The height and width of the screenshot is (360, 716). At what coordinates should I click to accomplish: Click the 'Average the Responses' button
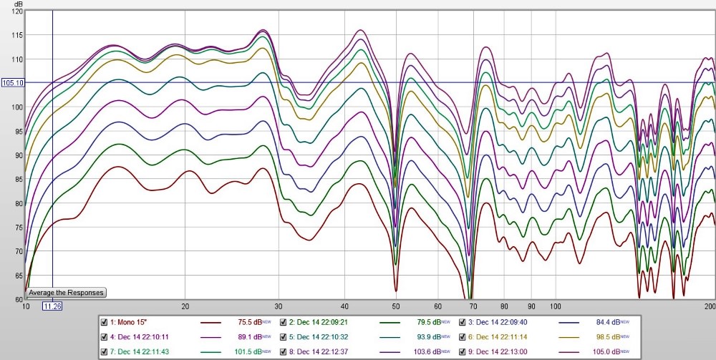pos(67,293)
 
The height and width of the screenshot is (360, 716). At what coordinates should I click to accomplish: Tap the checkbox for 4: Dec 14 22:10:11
pos(105,336)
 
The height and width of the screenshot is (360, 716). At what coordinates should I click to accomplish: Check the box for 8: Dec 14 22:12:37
pos(284,352)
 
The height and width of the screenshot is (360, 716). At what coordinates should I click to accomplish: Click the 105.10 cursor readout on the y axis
pos(14,83)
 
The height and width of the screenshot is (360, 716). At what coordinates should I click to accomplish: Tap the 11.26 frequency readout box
pos(52,306)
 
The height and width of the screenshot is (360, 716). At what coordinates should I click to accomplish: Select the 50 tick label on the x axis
pos(394,306)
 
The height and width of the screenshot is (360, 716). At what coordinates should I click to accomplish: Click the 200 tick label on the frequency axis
pos(710,306)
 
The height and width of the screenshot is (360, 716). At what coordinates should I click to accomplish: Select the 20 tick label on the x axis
pos(185,306)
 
